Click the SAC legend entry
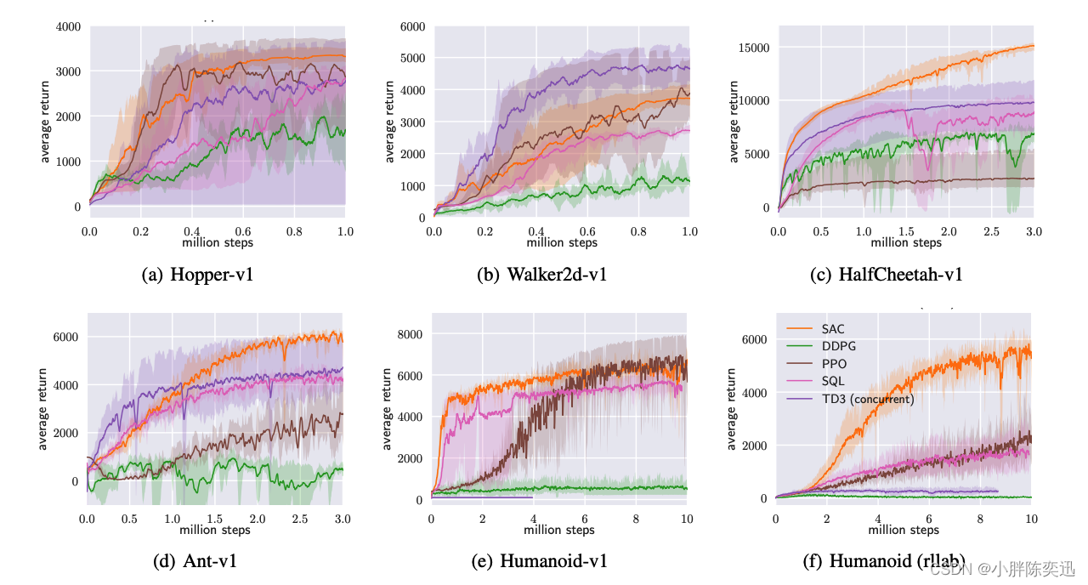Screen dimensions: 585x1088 [x=833, y=329]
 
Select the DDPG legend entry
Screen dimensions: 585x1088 [x=838, y=346]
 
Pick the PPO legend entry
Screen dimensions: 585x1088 [x=834, y=364]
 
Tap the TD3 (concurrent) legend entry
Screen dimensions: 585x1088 [x=867, y=399]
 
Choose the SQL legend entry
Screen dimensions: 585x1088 [x=833, y=382]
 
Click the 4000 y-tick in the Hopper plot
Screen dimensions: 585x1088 [x=68, y=27]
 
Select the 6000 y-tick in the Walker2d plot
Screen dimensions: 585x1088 [x=412, y=27]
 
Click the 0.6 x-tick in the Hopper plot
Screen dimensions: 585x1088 [x=243, y=231]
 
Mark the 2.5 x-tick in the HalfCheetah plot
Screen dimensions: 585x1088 [x=991, y=231]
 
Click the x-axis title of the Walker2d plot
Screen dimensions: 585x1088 [x=562, y=242]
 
